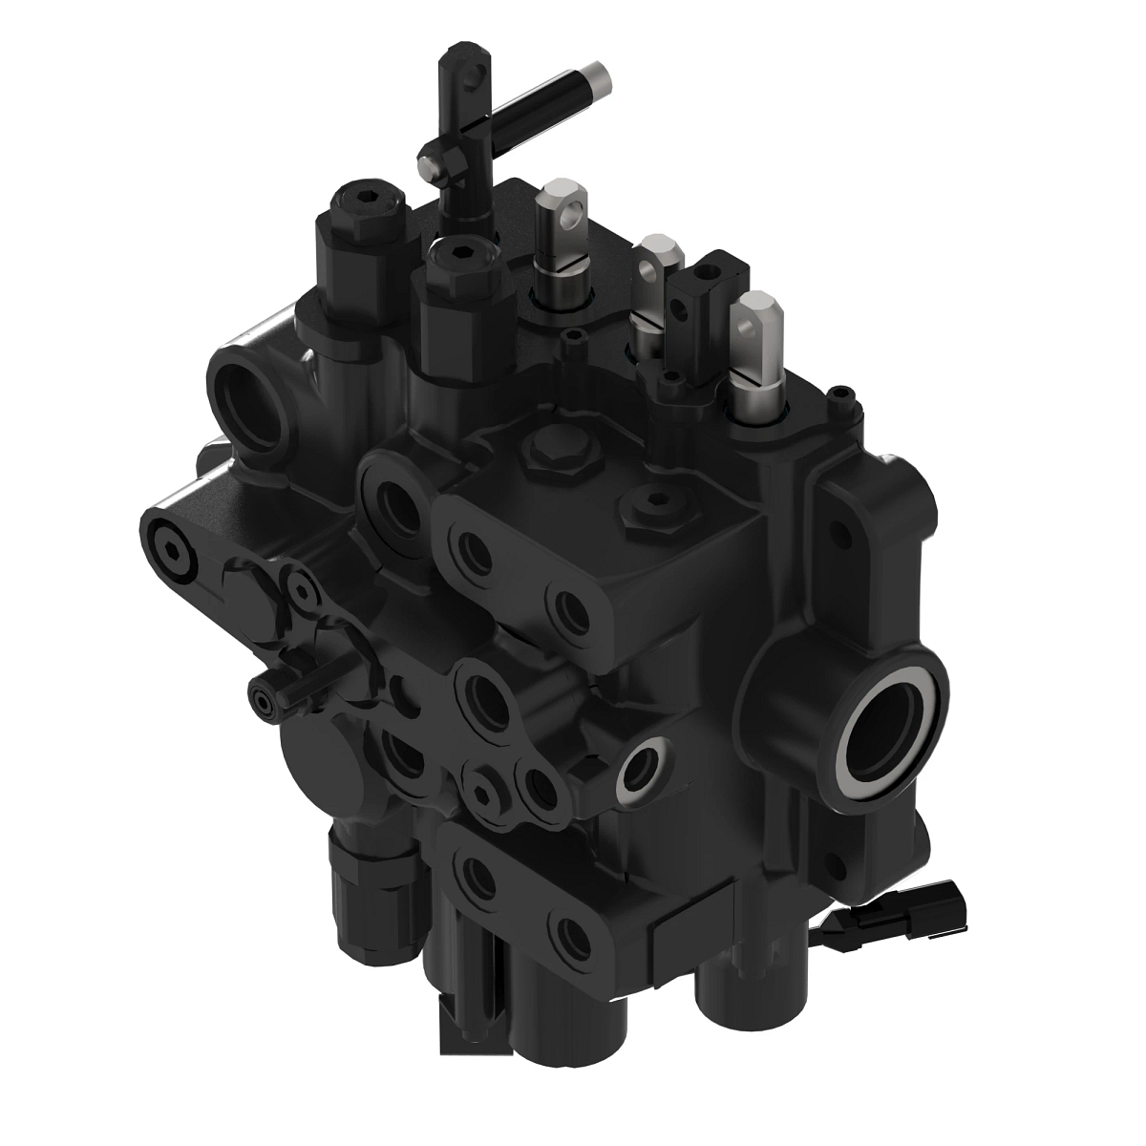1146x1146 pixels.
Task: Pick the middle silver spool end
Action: pyautogui.click(x=655, y=260)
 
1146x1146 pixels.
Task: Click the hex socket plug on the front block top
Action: pyautogui.click(x=650, y=508)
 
